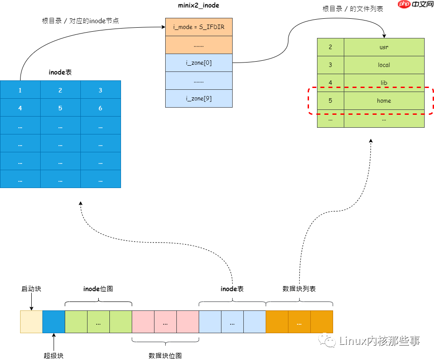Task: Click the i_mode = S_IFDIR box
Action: coord(199,27)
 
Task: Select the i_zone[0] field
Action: coord(199,63)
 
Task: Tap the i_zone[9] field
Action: coord(199,98)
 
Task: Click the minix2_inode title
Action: coord(198,5)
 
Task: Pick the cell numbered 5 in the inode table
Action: coord(60,108)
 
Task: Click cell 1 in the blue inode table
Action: coord(20,90)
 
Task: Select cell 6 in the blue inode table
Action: coord(100,108)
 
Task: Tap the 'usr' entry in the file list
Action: coord(384,47)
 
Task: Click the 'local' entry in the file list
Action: coord(384,65)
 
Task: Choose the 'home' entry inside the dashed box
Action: coord(384,100)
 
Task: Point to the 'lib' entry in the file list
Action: coord(384,83)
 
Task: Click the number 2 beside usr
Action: coord(330,47)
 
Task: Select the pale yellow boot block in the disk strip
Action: coord(31,322)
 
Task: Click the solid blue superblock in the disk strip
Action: coord(54,322)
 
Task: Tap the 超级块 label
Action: coord(54,356)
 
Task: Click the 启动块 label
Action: coord(31,289)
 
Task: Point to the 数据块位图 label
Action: coord(165,356)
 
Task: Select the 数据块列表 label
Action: coord(299,289)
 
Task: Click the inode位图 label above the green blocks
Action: coord(98,289)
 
